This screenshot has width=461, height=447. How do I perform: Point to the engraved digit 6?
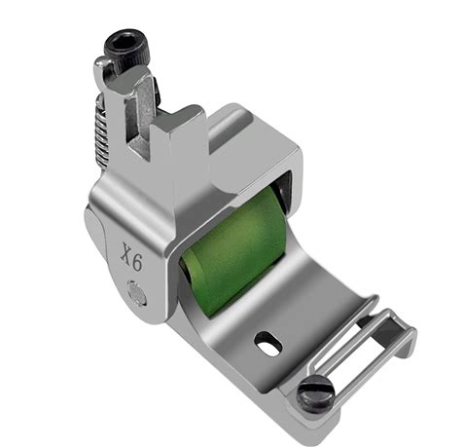(137, 262)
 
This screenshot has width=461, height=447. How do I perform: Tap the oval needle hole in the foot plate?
(267, 343)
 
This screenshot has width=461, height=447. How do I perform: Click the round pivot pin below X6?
(136, 293)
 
